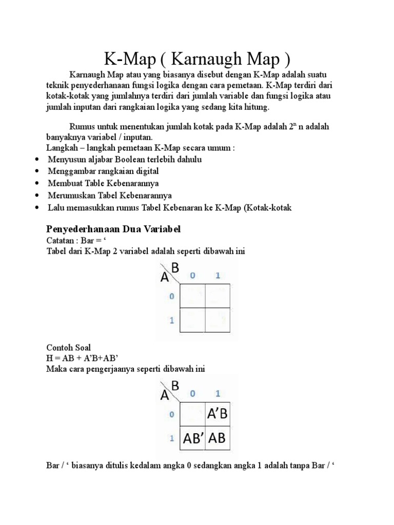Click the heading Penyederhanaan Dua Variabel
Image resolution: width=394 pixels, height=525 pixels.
(113, 228)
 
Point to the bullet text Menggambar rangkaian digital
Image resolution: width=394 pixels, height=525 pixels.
(103, 171)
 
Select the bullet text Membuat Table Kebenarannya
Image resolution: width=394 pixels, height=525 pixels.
(103, 183)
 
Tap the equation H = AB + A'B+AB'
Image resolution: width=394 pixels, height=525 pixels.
(85, 358)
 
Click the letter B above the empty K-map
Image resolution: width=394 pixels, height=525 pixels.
(175, 268)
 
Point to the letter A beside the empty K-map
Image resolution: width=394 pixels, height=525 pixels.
(165, 277)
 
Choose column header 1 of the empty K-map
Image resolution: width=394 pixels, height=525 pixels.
(218, 276)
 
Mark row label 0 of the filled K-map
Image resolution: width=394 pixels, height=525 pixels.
(172, 414)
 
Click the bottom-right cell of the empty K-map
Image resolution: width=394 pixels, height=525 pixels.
(218, 320)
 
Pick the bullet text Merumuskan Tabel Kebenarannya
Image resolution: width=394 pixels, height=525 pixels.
(110, 195)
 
